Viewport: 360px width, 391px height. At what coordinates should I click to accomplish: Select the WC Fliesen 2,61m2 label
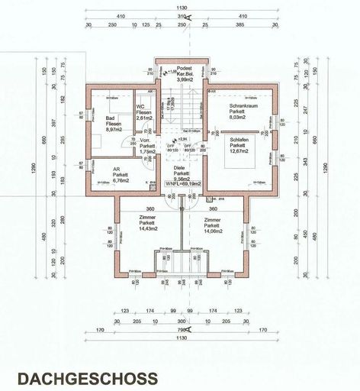(144, 113)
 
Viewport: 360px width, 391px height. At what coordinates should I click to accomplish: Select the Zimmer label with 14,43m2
(148, 223)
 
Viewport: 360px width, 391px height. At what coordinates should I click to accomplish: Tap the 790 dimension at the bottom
(180, 331)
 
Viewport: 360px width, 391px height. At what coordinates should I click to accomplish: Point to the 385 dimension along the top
(240, 24)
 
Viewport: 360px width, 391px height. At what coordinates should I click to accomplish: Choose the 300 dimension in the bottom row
(180, 321)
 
